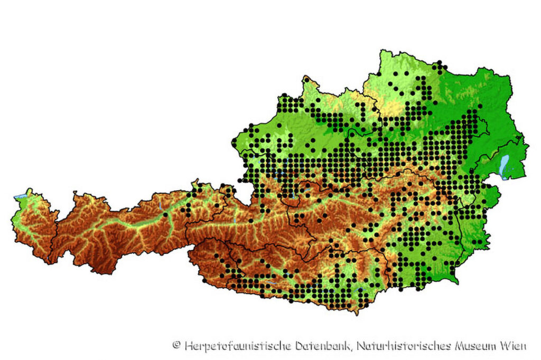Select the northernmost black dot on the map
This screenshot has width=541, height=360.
click(x=439, y=63)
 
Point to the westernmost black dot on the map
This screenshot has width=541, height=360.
click(x=165, y=214)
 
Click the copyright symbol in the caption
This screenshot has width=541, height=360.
click(x=176, y=346)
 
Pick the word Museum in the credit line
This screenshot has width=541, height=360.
click(x=477, y=346)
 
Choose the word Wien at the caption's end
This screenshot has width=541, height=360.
click(x=514, y=346)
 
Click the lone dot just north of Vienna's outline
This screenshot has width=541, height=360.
click(x=481, y=107)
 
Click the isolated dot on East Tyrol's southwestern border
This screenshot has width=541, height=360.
click(x=204, y=280)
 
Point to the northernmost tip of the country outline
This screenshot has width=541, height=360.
click(x=381, y=51)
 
